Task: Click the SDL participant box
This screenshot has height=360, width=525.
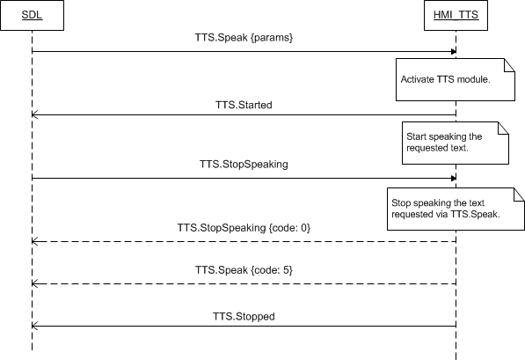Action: tap(33, 16)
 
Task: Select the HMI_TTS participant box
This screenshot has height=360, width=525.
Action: tap(456, 16)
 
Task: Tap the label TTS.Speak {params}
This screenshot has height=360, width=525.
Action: tap(244, 37)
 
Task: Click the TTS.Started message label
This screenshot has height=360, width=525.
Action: tap(244, 105)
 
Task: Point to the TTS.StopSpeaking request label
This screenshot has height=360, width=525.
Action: tap(244, 165)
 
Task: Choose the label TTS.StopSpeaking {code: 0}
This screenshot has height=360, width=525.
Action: tap(244, 228)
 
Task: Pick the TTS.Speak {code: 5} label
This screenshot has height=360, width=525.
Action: tap(244, 270)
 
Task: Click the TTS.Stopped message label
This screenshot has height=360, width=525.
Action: tap(244, 316)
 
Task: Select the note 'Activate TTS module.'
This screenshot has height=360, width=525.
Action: tap(456, 80)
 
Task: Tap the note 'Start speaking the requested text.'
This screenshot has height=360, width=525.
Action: tap(456, 143)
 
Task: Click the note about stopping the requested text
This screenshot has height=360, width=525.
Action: tap(456, 209)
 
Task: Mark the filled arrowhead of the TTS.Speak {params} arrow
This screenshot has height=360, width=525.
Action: tap(454, 52)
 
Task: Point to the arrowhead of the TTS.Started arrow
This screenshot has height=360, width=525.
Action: tap(34, 114)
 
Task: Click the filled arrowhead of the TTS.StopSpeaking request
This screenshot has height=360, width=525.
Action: tap(454, 179)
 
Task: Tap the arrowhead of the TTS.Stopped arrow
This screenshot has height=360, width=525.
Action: tap(34, 326)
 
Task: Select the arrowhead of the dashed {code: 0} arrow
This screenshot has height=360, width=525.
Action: tap(34, 241)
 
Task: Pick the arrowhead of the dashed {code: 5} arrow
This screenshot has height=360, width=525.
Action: tap(34, 284)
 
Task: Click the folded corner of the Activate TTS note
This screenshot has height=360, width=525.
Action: tap(509, 65)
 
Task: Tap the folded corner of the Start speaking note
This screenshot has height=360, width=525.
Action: tap(504, 128)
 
